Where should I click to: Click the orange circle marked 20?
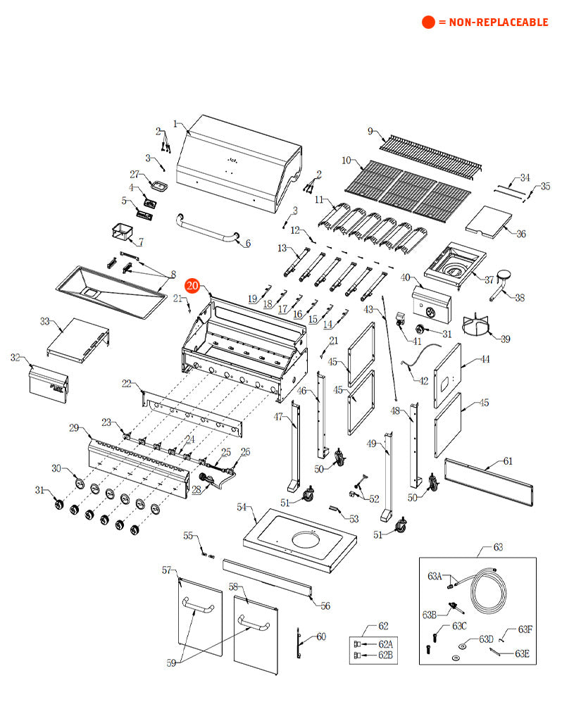pos(192,285)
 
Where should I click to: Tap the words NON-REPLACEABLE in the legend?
pos(493,23)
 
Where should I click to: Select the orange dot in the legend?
pos(428,23)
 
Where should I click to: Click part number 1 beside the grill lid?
pos(175,124)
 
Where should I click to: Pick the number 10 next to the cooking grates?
pos(346,161)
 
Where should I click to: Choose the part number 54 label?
pos(242,507)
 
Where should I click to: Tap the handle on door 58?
pos(255,624)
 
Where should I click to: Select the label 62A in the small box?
pos(385,644)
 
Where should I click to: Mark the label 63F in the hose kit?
pos(525,629)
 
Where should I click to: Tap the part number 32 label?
pos(15,358)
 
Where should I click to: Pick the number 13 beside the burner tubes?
pos(282,248)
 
